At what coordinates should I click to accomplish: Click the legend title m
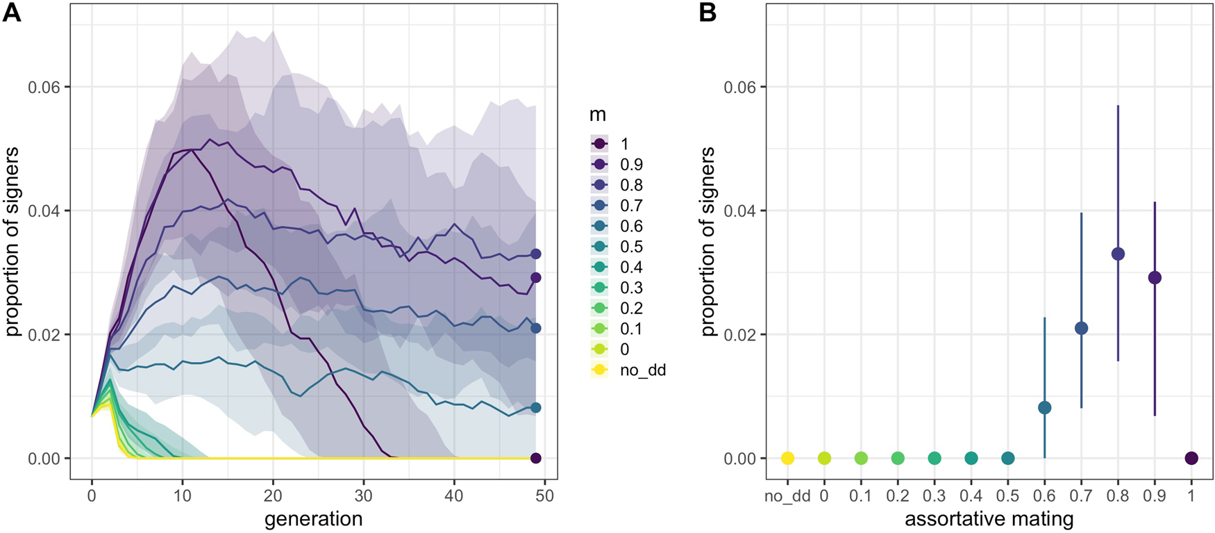(598, 115)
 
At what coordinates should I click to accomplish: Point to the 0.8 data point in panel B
(1118, 254)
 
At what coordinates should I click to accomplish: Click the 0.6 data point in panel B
(1044, 408)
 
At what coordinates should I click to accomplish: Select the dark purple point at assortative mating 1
(1191, 458)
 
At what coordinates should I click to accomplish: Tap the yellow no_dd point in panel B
(787, 458)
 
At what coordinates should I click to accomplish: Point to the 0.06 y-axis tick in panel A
(44, 87)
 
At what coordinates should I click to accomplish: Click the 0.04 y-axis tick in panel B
(739, 211)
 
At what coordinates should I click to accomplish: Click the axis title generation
(313, 518)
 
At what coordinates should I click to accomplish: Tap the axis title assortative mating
(989, 518)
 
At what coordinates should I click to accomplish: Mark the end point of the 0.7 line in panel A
(535, 328)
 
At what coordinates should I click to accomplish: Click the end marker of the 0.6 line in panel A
(535, 408)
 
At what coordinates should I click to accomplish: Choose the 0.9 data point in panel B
(1155, 278)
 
